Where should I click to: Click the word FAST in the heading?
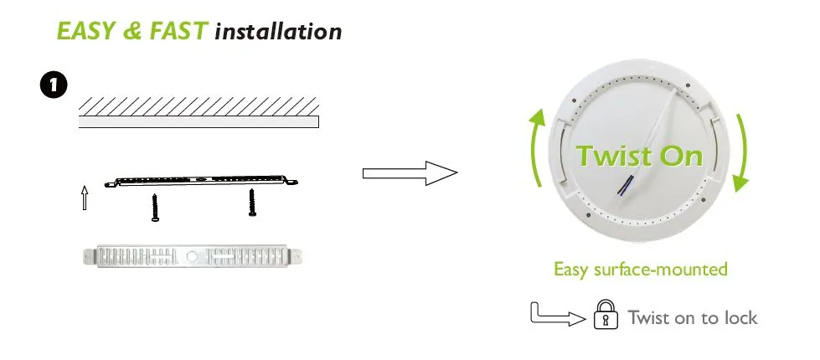click(179, 31)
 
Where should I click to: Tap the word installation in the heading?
click(278, 31)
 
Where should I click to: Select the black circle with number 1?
click(54, 85)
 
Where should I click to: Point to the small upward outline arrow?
click(85, 198)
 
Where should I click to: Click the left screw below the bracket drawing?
click(155, 208)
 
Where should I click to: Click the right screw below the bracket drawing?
click(252, 203)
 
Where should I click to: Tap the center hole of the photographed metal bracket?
click(193, 256)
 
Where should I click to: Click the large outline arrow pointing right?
click(410, 173)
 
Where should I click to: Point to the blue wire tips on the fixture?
click(624, 186)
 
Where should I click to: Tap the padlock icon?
click(606, 314)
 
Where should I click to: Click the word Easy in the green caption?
click(572, 270)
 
